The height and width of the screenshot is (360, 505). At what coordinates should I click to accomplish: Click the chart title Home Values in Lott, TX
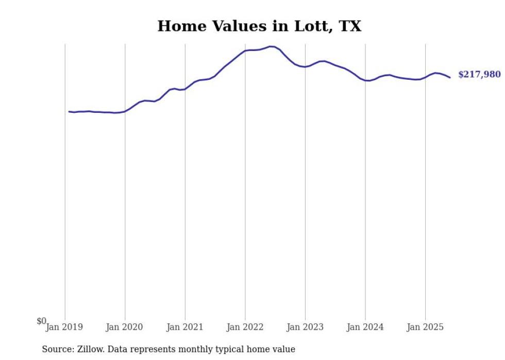[x=259, y=26]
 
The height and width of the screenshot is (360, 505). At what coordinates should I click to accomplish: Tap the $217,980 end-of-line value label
[x=479, y=75]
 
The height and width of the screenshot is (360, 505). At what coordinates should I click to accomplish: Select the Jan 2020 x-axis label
[x=124, y=327]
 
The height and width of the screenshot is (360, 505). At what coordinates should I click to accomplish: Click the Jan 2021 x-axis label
[x=184, y=327]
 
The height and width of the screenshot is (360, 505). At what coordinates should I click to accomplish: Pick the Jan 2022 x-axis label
[x=245, y=327]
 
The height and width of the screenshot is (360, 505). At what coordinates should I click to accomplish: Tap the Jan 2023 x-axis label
[x=305, y=327]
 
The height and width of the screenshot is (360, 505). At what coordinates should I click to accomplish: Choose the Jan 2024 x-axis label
[x=365, y=327]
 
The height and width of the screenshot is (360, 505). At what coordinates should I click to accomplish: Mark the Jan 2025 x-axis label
[x=425, y=327]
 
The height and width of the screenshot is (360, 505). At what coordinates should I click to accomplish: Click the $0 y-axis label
[x=41, y=321]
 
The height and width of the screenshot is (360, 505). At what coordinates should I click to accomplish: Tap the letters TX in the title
[x=350, y=26]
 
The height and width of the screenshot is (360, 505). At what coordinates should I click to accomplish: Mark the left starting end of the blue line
[x=69, y=111]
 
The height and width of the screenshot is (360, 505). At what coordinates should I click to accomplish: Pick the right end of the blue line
[x=450, y=77]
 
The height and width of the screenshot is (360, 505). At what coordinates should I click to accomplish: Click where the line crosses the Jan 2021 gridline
[x=185, y=89]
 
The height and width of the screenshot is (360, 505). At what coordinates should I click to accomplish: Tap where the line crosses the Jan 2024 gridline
[x=365, y=80]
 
